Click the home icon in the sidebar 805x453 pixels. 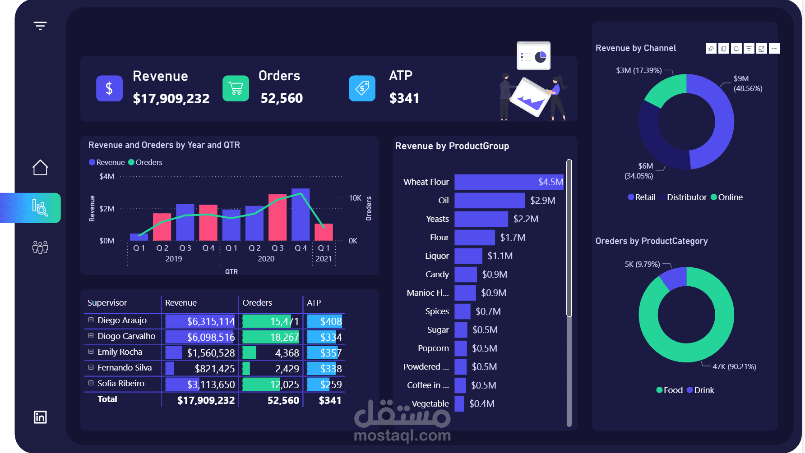(40, 168)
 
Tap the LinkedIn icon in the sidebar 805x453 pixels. (40, 417)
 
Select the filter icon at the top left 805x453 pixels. (40, 26)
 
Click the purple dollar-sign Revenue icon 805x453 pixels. (109, 88)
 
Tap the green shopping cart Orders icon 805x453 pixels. (236, 88)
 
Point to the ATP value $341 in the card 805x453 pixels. (404, 98)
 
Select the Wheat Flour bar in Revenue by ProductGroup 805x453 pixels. (509, 182)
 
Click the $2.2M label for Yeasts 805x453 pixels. (526, 219)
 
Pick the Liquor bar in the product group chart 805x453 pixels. (468, 256)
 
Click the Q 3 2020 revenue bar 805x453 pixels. (278, 217)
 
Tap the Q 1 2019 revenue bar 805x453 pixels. (139, 237)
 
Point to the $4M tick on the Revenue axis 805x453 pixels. (107, 176)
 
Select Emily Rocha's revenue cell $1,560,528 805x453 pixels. (211, 353)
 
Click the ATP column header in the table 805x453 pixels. (314, 303)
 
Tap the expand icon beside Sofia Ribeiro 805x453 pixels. (91, 383)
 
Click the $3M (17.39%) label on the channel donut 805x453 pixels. (638, 71)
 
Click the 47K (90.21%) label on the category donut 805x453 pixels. (734, 366)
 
